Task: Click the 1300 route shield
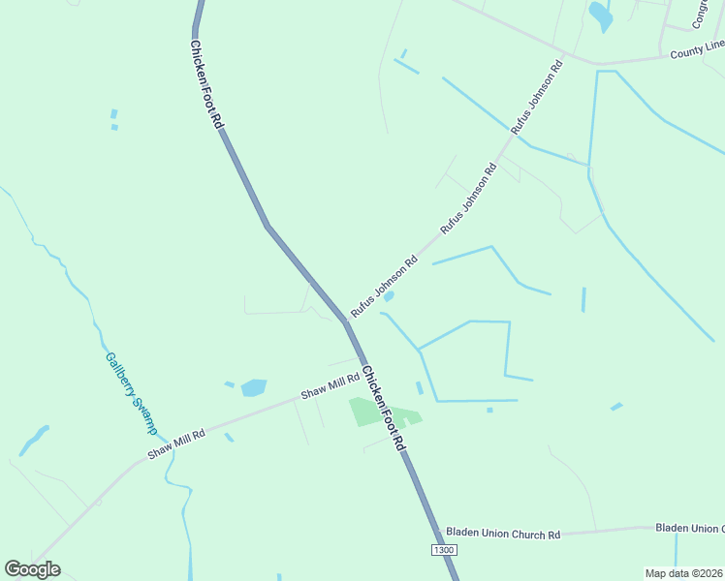[x=443, y=550]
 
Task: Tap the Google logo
[x=32, y=569]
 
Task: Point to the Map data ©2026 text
[x=684, y=573]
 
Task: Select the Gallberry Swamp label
[x=131, y=392]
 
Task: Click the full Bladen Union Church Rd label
[x=503, y=534]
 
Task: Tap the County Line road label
[x=697, y=50]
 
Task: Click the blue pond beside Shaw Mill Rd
[x=254, y=387]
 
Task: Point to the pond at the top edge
[x=601, y=15]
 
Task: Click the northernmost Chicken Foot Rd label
[x=206, y=85]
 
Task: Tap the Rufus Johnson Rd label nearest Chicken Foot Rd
[x=384, y=286]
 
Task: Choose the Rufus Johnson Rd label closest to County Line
[x=537, y=98]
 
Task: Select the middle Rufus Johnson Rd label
[x=468, y=198]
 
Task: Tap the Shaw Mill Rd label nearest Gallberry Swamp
[x=176, y=444]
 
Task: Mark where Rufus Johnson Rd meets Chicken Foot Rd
[x=345, y=320]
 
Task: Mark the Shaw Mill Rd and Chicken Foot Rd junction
[x=362, y=371]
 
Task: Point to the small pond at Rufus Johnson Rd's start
[x=389, y=295]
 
